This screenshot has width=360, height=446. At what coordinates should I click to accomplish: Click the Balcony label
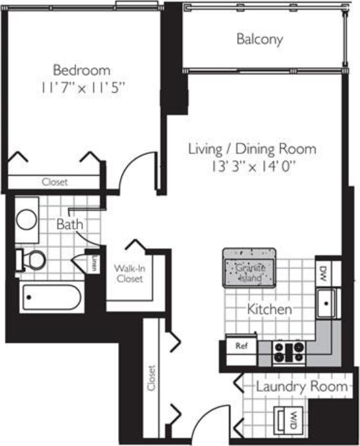[259, 40]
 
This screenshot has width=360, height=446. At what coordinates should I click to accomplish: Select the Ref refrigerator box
[241, 347]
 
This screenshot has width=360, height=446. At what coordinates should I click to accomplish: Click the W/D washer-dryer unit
[289, 420]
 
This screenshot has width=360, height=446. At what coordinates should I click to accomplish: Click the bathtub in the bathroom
[50, 298]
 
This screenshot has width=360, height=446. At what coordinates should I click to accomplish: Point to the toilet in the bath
[32, 259]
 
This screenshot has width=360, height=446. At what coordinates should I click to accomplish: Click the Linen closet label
[94, 264]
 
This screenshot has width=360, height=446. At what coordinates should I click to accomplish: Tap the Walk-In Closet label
[129, 273]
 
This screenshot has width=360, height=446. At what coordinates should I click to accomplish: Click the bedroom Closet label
[54, 182]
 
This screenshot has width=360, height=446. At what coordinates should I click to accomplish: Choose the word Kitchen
[270, 310]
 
